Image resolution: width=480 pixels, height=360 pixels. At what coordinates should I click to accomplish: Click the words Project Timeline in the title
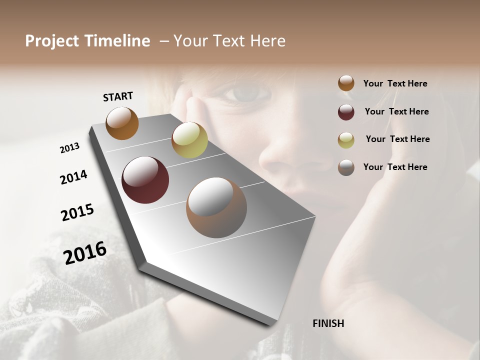coord(87,41)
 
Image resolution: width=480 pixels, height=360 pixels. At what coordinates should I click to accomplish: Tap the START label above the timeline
coord(118,96)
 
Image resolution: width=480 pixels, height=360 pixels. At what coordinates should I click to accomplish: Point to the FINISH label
coord(328,323)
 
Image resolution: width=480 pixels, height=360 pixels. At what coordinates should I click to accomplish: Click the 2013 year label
coord(70,148)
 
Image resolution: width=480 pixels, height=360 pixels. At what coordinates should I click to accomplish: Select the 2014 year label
coord(74,177)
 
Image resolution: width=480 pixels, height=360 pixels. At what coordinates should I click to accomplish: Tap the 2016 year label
coord(85,253)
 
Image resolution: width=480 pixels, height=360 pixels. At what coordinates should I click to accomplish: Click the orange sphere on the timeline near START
coord(122,123)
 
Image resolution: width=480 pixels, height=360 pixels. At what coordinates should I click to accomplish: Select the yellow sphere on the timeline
coord(189,140)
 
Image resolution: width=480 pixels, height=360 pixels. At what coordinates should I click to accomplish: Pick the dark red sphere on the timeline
coord(145,180)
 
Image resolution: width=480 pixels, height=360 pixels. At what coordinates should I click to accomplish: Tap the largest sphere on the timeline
coord(216,207)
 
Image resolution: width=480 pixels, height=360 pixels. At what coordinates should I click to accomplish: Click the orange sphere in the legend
coord(346,83)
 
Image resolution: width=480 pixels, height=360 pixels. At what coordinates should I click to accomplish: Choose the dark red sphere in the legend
coord(346,112)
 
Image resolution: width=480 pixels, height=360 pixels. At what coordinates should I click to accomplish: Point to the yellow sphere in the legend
coord(346,140)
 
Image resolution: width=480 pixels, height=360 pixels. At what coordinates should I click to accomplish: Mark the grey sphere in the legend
coord(346,167)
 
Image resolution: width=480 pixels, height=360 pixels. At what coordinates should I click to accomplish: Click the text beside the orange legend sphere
coord(395,83)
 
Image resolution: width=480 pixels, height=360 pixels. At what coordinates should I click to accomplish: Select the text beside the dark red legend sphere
coord(397,111)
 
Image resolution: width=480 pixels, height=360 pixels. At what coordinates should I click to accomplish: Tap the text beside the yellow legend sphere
coord(398,139)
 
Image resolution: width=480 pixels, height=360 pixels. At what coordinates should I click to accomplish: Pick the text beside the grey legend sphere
coord(395,167)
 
